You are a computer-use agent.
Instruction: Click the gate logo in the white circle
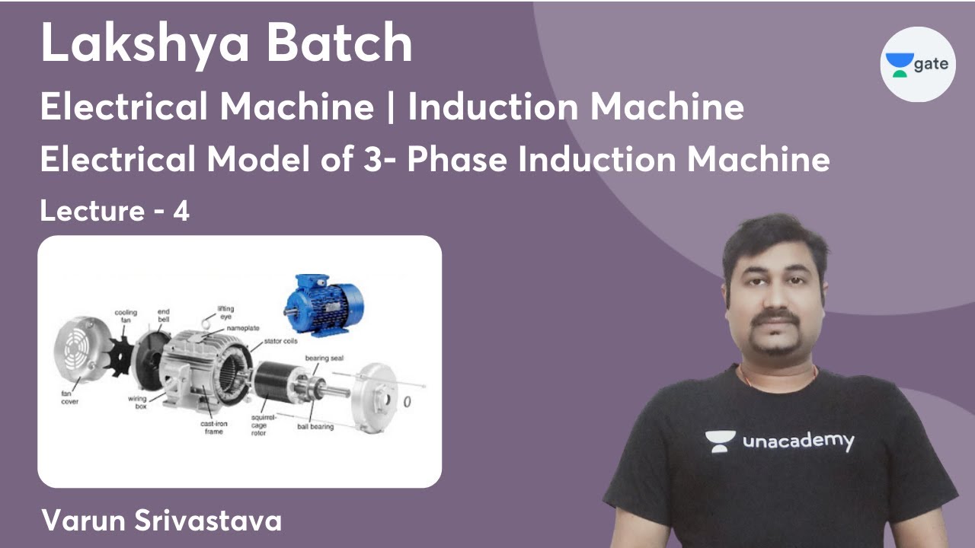[x=918, y=65]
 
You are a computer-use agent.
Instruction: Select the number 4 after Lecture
[x=181, y=211]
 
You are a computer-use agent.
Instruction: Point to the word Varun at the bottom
[x=85, y=521]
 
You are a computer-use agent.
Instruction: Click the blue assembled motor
[x=324, y=304]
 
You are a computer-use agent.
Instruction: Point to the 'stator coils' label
[x=280, y=342]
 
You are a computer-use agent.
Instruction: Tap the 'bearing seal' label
[x=325, y=357]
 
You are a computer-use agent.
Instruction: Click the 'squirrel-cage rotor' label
[x=260, y=426]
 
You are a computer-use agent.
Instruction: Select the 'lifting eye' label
[x=225, y=312]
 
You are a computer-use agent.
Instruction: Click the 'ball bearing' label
[x=315, y=427]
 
